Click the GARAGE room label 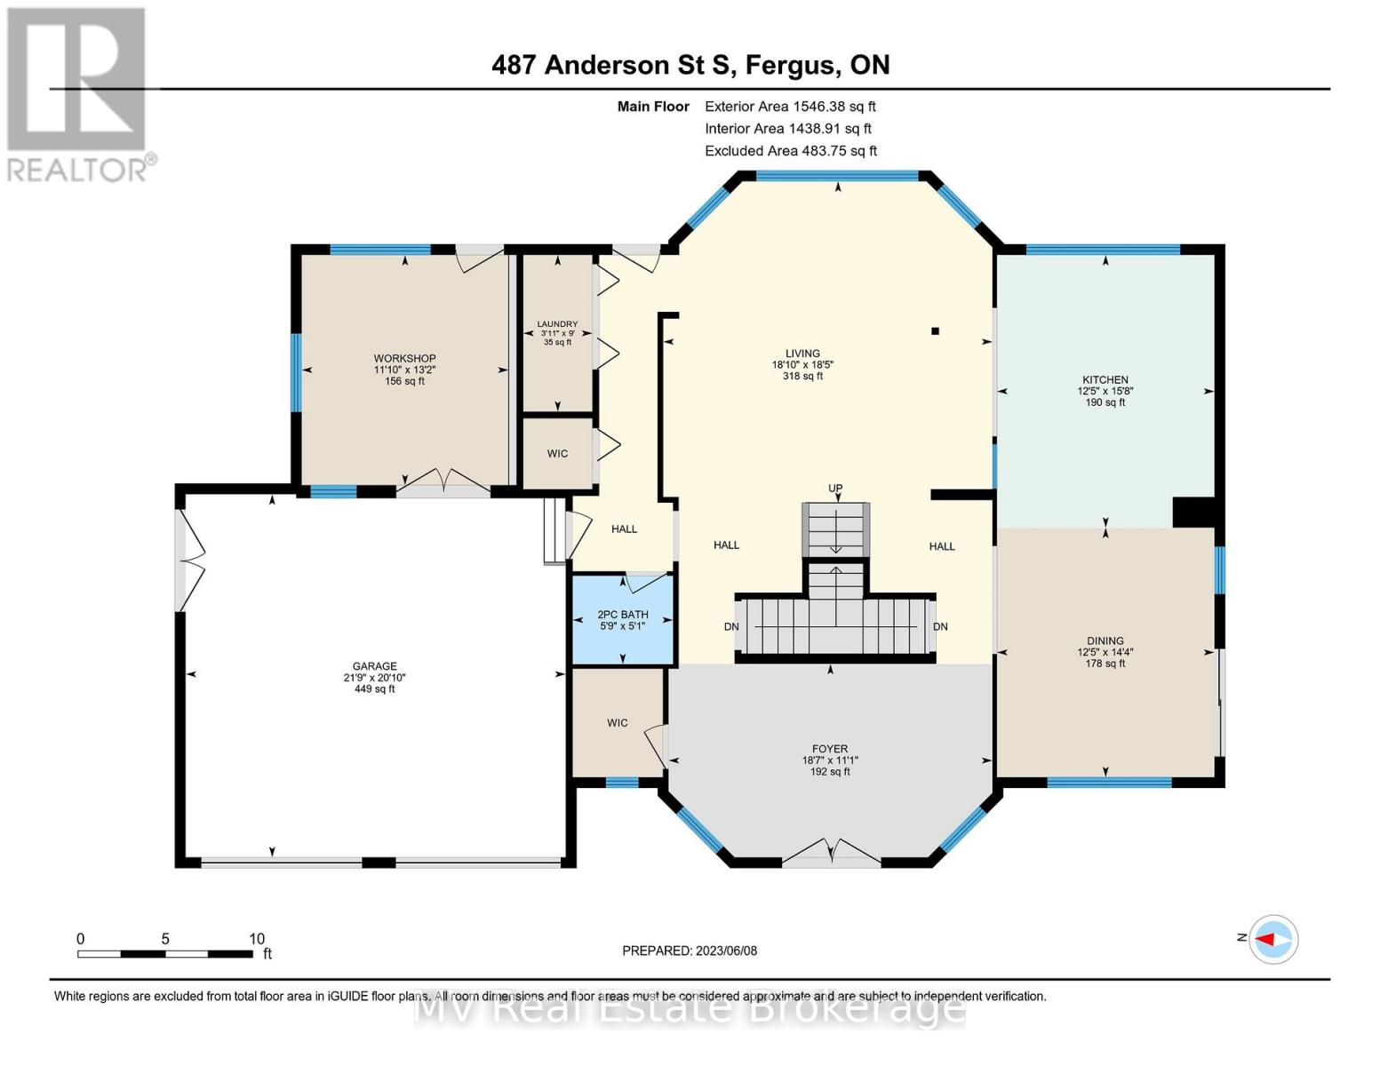[374, 666]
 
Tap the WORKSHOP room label [404, 359]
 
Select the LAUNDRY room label [557, 324]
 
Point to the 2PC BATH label [622, 615]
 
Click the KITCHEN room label [1105, 380]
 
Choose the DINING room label [1105, 641]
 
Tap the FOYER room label [829, 750]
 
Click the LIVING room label [802, 354]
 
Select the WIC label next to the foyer [618, 723]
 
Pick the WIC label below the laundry [557, 454]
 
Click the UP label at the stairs [835, 489]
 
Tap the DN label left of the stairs [731, 627]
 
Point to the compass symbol [1273, 939]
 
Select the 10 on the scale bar [257, 939]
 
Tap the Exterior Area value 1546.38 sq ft [834, 107]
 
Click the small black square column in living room [935, 331]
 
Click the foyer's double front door [831, 852]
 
